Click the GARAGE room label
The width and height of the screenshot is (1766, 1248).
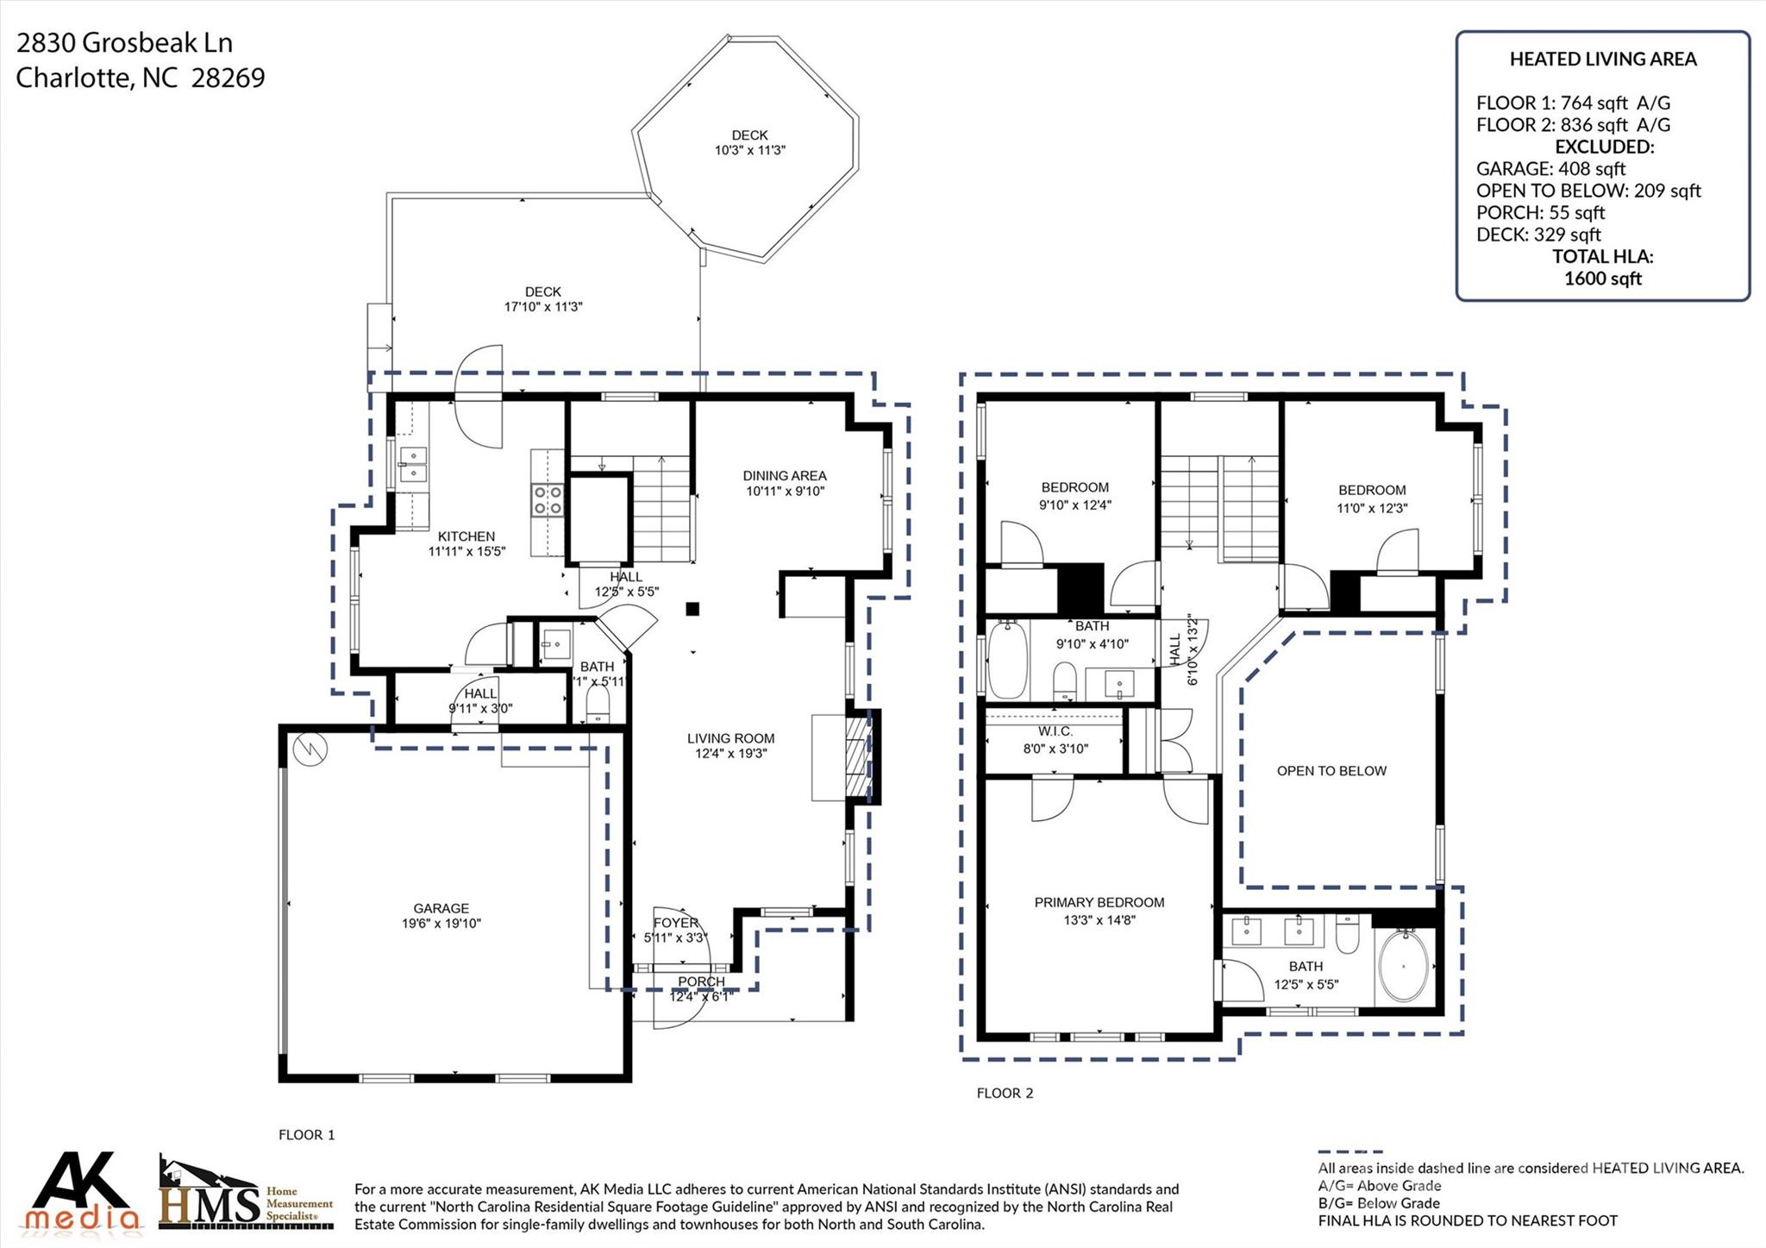click(441, 908)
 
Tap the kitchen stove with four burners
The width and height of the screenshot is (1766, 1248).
click(548, 499)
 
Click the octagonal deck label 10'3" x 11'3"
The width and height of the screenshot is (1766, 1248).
click(749, 142)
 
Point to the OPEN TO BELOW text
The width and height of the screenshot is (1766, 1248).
click(1331, 771)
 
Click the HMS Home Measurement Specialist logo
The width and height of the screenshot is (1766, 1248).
click(246, 1195)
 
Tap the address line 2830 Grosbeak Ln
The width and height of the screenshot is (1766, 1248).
click(124, 42)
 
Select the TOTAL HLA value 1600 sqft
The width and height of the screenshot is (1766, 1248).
click(1602, 279)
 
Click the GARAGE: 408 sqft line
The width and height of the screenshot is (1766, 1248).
click(1550, 168)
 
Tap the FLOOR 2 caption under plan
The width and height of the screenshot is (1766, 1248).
click(1005, 1093)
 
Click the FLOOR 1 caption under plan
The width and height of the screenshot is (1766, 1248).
click(306, 1135)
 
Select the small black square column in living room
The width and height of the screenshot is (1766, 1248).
click(692, 609)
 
